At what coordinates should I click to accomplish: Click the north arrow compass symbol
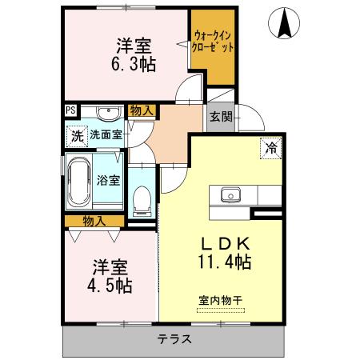pos(285,23)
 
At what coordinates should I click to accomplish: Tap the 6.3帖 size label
pos(133,63)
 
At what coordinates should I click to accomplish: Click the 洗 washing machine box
pos(77,135)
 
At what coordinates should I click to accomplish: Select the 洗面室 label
pos(105,135)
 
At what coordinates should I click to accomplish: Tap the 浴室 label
pos(109,181)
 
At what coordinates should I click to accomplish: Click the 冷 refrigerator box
pos(270,148)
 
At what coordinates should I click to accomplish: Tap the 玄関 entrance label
pos(222,117)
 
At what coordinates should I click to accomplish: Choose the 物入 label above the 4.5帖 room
pos(94,221)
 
